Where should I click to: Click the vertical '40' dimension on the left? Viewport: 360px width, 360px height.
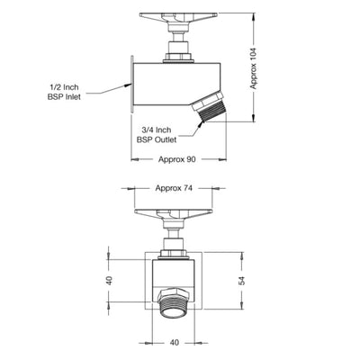point(109,281)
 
